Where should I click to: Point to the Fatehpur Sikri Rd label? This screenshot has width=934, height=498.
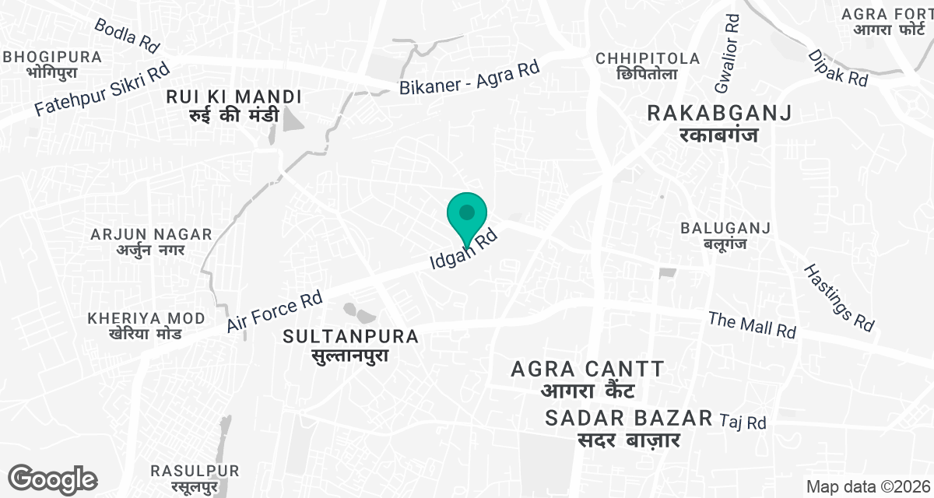101,91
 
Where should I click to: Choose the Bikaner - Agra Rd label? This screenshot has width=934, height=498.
469,79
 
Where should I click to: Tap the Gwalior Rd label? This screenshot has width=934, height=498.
730,47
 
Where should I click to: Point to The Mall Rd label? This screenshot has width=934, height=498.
752,324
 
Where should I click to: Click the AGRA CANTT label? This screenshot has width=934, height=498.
588,377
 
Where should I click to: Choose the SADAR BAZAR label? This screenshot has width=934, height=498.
629,427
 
